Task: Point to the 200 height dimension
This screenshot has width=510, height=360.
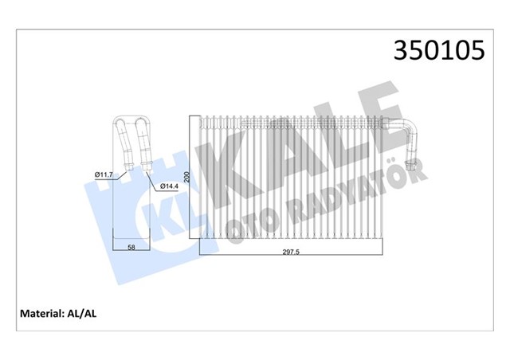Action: (187, 178)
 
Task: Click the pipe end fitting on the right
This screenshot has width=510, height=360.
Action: (411, 168)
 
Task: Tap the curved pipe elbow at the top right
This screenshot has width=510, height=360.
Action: (409, 129)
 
